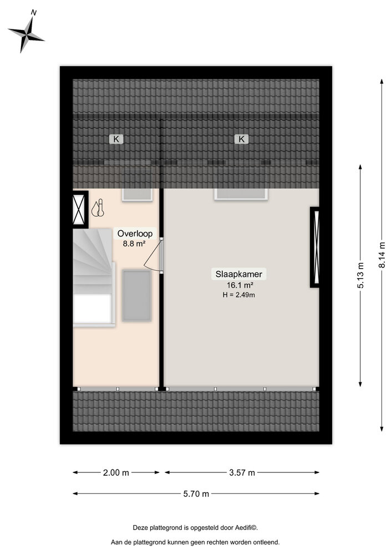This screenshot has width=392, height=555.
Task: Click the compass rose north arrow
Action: pyautogui.click(x=26, y=33)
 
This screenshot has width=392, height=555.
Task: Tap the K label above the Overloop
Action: pyautogui.click(x=116, y=139)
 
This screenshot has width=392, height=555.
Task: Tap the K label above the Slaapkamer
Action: pyautogui.click(x=242, y=139)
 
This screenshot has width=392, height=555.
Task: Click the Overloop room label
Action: pyautogui.click(x=134, y=234)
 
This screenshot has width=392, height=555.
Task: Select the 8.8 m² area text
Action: pyautogui.click(x=134, y=243)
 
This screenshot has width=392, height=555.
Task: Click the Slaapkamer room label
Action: pyautogui.click(x=240, y=274)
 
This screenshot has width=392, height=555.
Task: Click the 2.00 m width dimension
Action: pyautogui.click(x=116, y=473)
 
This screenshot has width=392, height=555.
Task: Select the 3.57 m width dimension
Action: pyautogui.click(x=242, y=473)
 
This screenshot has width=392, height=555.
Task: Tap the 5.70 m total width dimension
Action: pyautogui.click(x=197, y=493)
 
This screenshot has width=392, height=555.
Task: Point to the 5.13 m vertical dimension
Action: pyautogui.click(x=360, y=276)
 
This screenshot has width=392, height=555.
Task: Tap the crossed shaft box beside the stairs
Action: pyautogui.click(x=80, y=209)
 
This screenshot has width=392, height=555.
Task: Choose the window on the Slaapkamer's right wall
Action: pyautogui.click(x=315, y=247)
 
